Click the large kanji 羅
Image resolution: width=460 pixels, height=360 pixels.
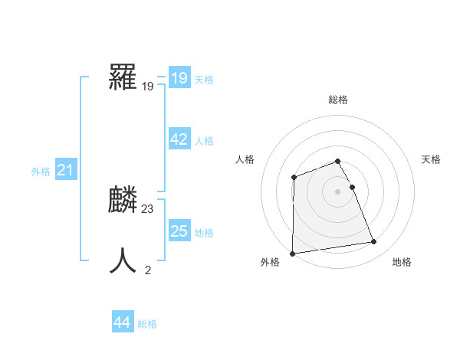click(123, 77)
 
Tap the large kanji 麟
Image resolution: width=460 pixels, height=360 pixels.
click(123, 201)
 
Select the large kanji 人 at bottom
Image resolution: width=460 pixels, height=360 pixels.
click(123, 260)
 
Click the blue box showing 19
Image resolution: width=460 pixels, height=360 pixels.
click(179, 78)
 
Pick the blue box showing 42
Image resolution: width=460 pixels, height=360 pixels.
click(179, 139)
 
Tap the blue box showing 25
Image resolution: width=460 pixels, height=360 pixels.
click(179, 231)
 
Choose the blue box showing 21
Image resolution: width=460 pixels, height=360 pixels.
click(65, 170)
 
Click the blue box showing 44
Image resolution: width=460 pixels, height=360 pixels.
click(122, 322)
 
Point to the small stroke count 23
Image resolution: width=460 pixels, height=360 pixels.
click(148, 208)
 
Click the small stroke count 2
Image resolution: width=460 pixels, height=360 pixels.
click(148, 270)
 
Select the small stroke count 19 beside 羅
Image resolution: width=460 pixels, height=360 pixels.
click(148, 86)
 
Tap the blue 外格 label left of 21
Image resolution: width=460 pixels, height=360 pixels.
click(41, 172)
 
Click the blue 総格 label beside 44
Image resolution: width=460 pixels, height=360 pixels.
click(147, 324)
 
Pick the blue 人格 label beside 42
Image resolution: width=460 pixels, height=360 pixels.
click(204, 141)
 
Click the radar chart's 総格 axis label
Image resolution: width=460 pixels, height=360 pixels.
click(338, 100)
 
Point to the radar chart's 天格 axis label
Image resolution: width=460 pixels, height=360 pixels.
click(432, 159)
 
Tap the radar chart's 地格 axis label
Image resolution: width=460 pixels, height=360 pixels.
click(402, 262)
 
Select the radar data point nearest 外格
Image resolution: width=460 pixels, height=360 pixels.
click(293, 253)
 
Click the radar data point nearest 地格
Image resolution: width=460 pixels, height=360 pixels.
click(374, 242)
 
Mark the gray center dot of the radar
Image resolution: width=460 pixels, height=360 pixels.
click(338, 191)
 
